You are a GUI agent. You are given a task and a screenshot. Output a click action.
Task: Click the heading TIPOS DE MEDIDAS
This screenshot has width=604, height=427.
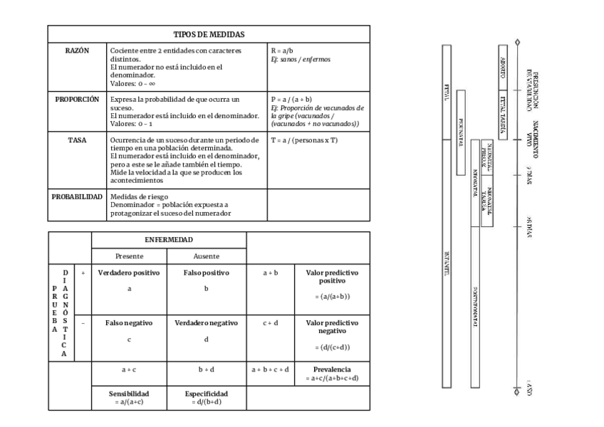pyautogui.click(x=209, y=34)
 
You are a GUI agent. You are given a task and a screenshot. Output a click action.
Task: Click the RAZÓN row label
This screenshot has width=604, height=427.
pyautogui.click(x=77, y=51)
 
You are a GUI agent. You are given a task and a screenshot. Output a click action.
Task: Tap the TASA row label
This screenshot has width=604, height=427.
pyautogui.click(x=77, y=140)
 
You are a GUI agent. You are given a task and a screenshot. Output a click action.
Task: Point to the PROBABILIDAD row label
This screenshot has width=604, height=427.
pyautogui.click(x=77, y=196)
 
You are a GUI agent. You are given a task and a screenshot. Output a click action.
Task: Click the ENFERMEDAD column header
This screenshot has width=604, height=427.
pyautogui.click(x=168, y=240)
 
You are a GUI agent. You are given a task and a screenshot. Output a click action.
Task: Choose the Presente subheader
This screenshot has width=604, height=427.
pyautogui.click(x=129, y=255)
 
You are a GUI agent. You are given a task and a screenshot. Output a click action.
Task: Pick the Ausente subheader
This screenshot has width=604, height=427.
pyautogui.click(x=206, y=255)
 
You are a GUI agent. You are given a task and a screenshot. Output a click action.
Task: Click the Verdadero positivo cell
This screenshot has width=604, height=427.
pyautogui.click(x=129, y=273)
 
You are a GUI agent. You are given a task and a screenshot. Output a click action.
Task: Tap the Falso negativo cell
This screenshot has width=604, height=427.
pyautogui.click(x=129, y=322)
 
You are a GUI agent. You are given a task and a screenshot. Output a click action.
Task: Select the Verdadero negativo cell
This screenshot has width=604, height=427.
pyautogui.click(x=206, y=322)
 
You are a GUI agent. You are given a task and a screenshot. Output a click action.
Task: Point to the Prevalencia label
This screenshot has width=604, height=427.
pyautogui.click(x=332, y=369)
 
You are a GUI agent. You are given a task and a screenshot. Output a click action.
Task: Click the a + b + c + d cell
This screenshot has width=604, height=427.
pyautogui.click(x=271, y=370)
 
